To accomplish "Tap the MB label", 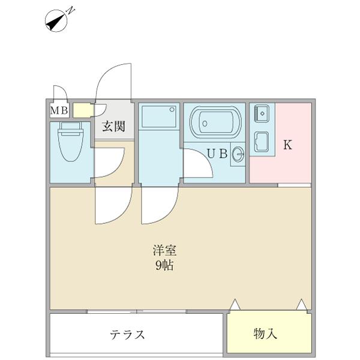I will (x=59, y=110).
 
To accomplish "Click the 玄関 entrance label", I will (x=113, y=126).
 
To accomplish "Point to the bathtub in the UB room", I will (x=215, y=124).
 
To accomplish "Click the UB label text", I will (x=217, y=153).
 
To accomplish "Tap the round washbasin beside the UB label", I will (x=238, y=154).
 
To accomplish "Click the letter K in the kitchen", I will (x=287, y=145).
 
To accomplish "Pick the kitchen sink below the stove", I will (x=262, y=142).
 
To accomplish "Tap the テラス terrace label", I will (x=127, y=334).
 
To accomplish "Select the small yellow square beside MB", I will (x=81, y=110).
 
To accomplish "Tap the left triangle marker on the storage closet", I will (x=235, y=305).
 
